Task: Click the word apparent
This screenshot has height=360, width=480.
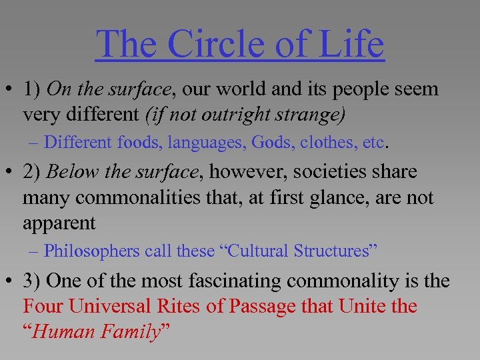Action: (x=59, y=223)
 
